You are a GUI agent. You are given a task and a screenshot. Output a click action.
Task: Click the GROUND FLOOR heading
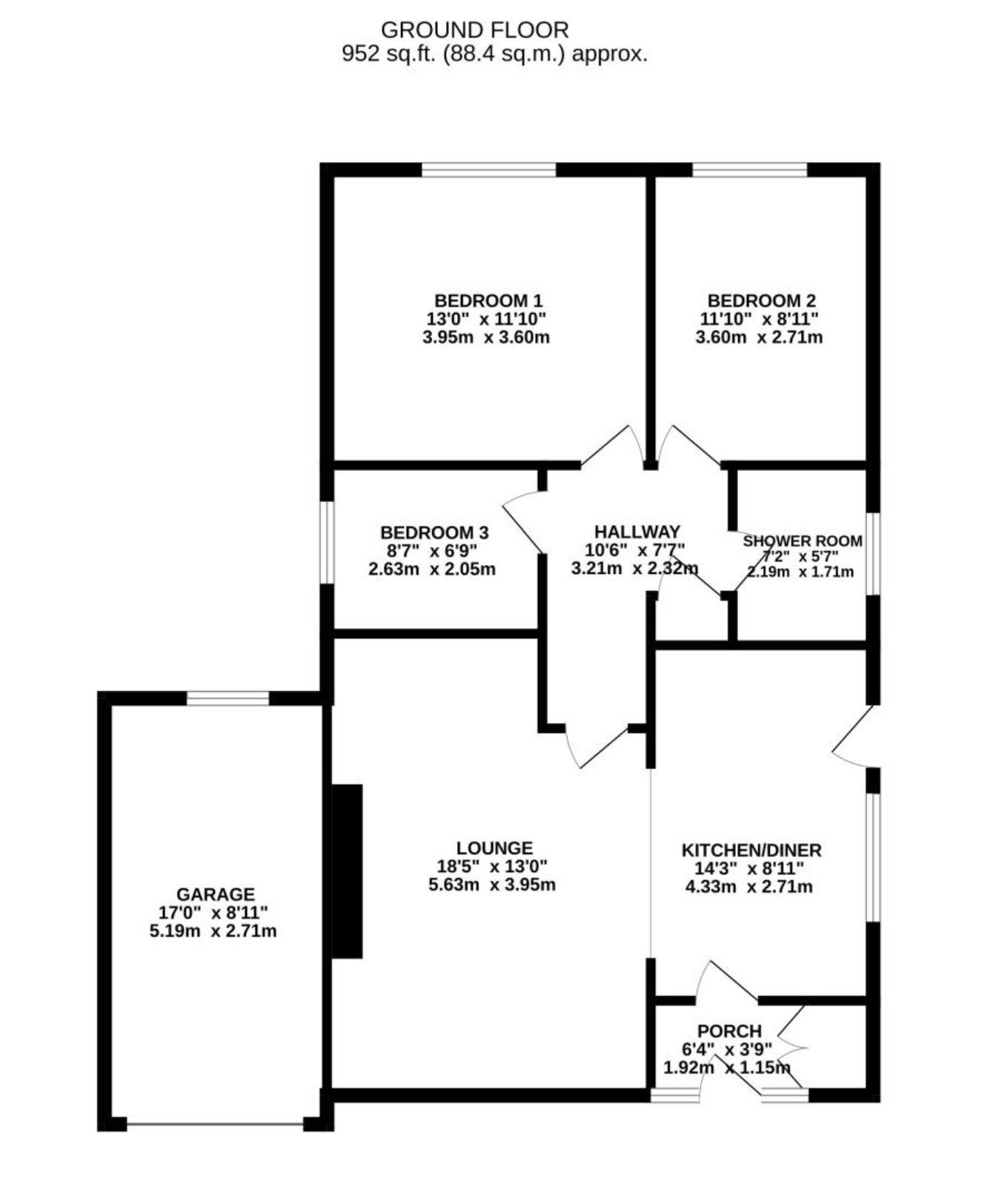pyautogui.click(x=474, y=30)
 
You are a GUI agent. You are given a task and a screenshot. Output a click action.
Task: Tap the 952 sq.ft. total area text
pyautogui.click(x=494, y=53)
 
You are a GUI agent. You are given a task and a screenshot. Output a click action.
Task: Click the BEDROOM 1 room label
pyautogui.click(x=488, y=300)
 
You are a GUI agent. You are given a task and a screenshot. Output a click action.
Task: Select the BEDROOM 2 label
pyautogui.click(x=762, y=300)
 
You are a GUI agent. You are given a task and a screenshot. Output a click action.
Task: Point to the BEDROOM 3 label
pyautogui.click(x=434, y=532)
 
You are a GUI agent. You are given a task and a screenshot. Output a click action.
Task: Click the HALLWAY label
pyautogui.click(x=637, y=531)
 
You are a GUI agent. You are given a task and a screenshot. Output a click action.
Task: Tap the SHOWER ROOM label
pyautogui.click(x=803, y=541)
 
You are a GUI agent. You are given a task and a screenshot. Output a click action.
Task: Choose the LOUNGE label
pyautogui.click(x=494, y=848)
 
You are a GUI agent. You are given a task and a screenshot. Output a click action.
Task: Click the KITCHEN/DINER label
pyautogui.click(x=751, y=850)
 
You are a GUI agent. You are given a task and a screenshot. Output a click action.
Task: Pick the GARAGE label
pyautogui.click(x=216, y=894)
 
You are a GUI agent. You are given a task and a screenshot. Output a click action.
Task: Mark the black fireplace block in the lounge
pyautogui.click(x=347, y=871)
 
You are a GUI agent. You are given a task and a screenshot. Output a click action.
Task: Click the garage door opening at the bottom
pyautogui.click(x=216, y=1124)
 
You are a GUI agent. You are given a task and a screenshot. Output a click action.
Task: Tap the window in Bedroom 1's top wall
pyautogui.click(x=489, y=170)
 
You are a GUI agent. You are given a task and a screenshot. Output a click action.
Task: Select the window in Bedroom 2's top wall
pyautogui.click(x=750, y=170)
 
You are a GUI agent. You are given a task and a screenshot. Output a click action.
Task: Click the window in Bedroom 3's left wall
pyautogui.click(x=327, y=543)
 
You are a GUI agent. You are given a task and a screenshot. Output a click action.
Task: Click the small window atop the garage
pyautogui.click(x=228, y=698)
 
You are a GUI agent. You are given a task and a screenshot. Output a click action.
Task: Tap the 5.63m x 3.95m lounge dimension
pyautogui.click(x=492, y=885)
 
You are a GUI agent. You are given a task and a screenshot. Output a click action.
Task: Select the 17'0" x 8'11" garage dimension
pyautogui.click(x=213, y=913)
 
